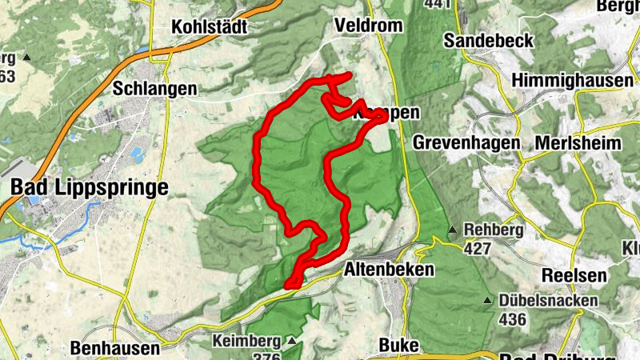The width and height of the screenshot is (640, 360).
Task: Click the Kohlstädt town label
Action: (210, 27)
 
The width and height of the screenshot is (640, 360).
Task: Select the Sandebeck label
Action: (487, 40)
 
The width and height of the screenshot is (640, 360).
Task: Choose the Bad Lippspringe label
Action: (90, 188)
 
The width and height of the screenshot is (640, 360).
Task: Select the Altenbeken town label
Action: (389, 270)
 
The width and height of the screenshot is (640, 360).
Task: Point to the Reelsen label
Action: (570, 274)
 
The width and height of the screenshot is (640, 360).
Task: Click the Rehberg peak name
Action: (493, 230)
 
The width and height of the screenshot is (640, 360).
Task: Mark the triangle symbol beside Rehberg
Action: (453, 230)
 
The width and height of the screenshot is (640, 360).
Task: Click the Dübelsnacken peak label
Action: (548, 301)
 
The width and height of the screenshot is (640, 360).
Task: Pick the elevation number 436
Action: (512, 319)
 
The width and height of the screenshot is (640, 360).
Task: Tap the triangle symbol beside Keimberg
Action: (291, 342)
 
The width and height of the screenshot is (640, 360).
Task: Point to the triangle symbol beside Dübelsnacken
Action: (486, 302)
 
